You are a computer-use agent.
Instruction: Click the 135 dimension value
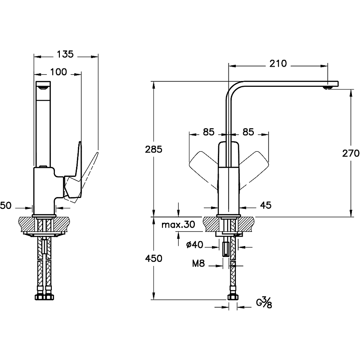65,54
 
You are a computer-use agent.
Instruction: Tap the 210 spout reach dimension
278,63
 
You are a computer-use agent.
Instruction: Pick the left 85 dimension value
208,132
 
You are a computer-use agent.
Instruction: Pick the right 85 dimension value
248,132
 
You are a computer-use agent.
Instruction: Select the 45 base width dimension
266,206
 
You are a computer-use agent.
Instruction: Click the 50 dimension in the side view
5,206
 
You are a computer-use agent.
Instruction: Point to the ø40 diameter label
194,245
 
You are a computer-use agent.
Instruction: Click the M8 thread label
198,264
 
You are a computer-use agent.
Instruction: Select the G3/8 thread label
264,302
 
